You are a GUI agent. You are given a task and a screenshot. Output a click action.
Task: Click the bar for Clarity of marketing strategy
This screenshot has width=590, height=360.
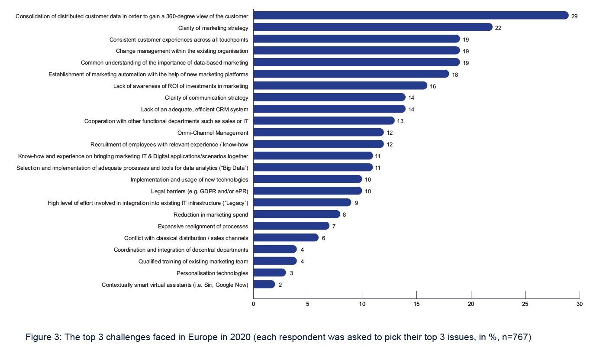(373, 27)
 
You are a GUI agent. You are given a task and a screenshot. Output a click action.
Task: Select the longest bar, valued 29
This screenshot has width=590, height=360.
(410, 16)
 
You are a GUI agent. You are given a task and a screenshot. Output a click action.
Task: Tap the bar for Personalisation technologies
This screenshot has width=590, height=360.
(269, 272)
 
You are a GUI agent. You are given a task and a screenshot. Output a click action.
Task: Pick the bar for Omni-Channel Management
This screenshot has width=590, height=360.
(318, 133)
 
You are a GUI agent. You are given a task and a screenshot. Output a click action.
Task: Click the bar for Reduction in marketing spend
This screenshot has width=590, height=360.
(297, 214)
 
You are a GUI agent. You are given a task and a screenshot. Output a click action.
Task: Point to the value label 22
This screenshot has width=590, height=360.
(498, 28)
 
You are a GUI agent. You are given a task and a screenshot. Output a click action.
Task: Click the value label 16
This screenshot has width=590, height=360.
(433, 87)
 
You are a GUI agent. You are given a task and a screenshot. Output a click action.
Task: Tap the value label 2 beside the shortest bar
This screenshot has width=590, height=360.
(280, 285)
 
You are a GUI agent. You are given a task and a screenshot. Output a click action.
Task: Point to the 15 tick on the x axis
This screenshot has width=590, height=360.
(416, 304)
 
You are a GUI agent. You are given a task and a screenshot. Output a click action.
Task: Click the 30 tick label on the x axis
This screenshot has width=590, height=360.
(580, 304)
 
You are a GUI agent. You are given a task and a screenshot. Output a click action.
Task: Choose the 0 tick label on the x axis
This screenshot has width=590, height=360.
(253, 304)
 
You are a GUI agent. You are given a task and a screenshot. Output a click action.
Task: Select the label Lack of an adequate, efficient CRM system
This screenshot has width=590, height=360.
(194, 109)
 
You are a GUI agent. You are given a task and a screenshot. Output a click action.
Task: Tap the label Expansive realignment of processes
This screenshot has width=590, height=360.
(203, 226)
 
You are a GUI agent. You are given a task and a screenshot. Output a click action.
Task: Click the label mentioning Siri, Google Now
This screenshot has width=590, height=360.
(175, 285)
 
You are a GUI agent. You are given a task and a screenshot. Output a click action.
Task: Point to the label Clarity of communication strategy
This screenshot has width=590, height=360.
(206, 97)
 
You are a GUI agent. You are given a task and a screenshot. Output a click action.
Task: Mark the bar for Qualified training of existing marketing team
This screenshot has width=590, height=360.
(275, 261)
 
